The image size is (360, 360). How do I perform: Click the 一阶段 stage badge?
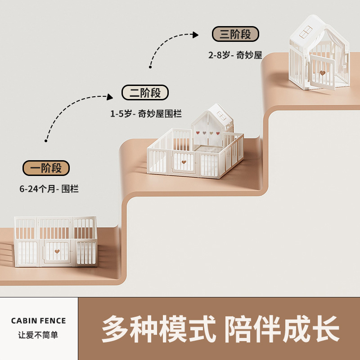pyautogui.click(x=46, y=168)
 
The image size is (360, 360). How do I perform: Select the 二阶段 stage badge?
pyautogui.click(x=145, y=93)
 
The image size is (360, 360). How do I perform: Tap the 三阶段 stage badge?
pyautogui.click(x=235, y=34)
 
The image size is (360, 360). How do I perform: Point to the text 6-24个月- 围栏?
pyautogui.click(x=49, y=189)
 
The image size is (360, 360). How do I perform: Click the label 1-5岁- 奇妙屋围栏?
pyautogui.click(x=146, y=114)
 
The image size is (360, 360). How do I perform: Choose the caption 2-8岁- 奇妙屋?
pyautogui.click(x=235, y=55)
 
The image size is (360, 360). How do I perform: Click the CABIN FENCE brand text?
pyautogui.click(x=39, y=321)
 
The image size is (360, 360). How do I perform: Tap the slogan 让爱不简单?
pyautogui.click(x=38, y=335)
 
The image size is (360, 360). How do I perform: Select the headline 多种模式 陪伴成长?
pyautogui.click(x=220, y=328)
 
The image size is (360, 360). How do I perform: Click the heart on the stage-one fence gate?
pyautogui.click(x=57, y=252)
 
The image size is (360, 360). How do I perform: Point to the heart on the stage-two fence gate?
pyautogui.click(x=184, y=162)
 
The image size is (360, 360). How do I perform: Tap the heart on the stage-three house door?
pyautogui.click(x=323, y=73)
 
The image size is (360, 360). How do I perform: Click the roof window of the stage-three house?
pyautogui.click(x=306, y=32)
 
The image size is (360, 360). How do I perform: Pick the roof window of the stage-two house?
pyautogui.click(x=221, y=116)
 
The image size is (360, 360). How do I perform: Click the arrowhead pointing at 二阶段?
pyautogui.click(x=110, y=97)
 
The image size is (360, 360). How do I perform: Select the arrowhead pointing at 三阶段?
pyautogui.click(x=195, y=35)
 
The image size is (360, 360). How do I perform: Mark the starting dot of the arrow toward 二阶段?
pyautogui.click(x=46, y=141)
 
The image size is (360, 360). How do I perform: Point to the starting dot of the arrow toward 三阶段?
pyautogui.click(x=150, y=67)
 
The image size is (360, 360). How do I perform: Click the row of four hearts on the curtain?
pyautogui.click(x=208, y=133)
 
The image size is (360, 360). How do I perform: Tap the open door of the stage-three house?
pyautogui.click(x=322, y=72)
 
